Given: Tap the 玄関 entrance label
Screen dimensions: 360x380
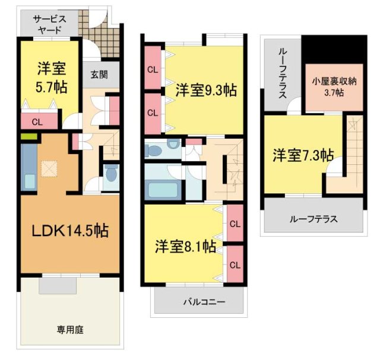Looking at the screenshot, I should (99, 75).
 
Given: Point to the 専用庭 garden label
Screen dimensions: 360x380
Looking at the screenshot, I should (69, 329).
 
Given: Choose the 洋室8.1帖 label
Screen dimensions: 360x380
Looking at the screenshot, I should (186, 246).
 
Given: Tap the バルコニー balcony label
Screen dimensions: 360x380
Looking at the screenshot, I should (199, 302).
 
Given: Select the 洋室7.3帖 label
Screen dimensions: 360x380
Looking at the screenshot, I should (303, 155).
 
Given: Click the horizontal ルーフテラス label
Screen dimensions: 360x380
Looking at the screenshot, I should (313, 219).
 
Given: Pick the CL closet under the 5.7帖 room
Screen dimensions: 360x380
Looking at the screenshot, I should (37, 123).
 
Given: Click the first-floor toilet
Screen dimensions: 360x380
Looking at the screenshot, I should (111, 176).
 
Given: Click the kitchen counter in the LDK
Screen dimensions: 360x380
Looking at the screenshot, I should (28, 167).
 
